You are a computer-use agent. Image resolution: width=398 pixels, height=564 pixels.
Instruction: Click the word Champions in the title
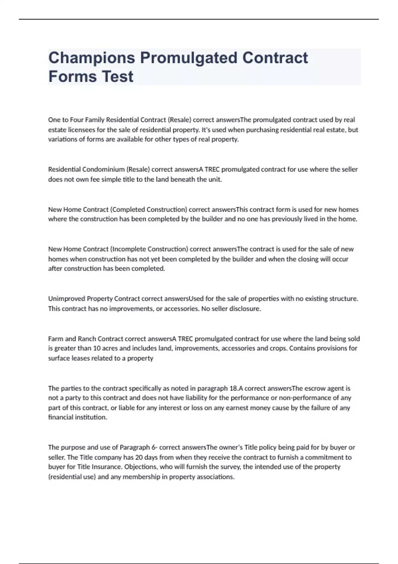[92, 58]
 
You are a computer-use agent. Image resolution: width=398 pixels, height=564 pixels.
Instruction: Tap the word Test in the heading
[118, 77]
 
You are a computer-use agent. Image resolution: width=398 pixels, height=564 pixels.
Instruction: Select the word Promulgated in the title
[189, 58]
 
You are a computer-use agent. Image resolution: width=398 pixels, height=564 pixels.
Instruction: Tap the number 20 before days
[139, 457]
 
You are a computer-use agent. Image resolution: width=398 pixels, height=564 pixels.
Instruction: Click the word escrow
[315, 388]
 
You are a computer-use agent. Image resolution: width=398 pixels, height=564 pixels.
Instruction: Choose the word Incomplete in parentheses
[128, 249]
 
